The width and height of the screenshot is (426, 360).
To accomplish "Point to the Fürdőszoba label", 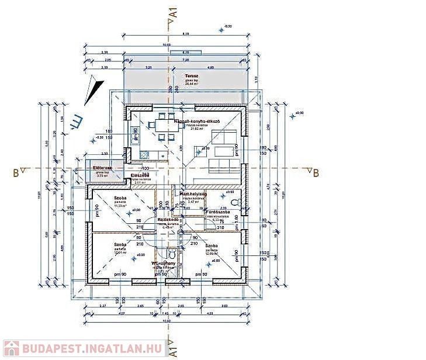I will (217, 212).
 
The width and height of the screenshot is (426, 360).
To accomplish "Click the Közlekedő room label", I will (168, 220).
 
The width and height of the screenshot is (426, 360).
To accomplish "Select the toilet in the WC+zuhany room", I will (171, 255).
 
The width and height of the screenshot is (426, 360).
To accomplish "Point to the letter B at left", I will (15, 172).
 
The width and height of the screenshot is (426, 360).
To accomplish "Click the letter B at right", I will (315, 172).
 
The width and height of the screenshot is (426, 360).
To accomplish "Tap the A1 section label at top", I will (172, 12).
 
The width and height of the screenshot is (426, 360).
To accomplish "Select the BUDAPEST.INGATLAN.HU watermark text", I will (91, 348).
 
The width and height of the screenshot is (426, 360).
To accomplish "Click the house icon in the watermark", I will (11, 348).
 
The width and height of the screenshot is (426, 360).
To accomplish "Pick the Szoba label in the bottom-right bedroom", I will (211, 246).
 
